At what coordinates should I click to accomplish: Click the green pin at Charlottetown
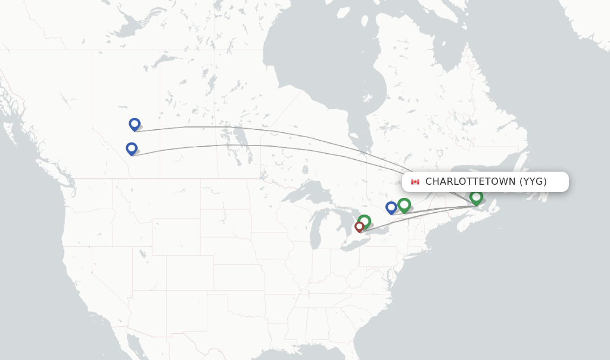click(476, 197)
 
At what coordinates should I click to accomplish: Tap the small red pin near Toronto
click(359, 226)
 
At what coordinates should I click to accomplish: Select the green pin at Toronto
click(365, 222)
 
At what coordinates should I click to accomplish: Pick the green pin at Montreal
click(404, 205)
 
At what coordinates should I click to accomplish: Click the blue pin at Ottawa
click(391, 207)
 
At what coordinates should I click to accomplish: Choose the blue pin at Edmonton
click(135, 124)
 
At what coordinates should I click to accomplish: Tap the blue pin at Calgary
click(132, 148)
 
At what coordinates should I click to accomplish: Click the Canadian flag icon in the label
click(415, 182)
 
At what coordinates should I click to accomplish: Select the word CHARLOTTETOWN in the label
click(471, 182)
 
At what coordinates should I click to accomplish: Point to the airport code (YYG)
click(533, 182)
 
